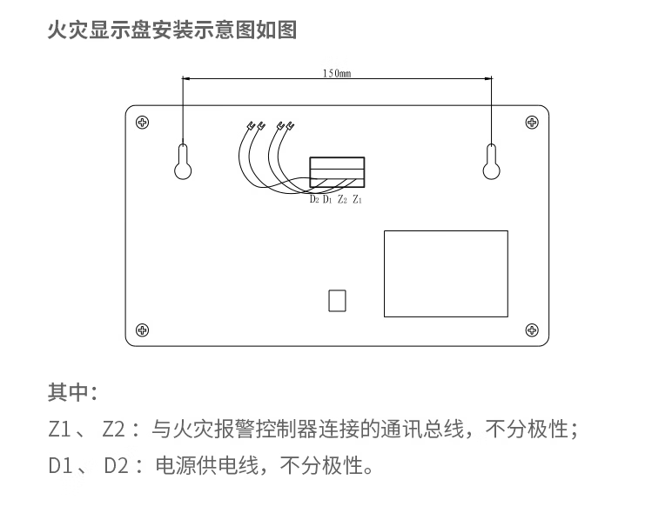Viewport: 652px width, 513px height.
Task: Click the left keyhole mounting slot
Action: (183, 160)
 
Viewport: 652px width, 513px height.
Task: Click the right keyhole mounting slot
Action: (491, 160)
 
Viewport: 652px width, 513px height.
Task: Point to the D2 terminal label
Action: (314, 200)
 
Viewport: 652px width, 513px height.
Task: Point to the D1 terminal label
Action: (327, 200)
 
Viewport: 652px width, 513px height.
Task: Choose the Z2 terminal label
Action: (342, 200)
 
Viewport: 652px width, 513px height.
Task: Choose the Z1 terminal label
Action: (357, 200)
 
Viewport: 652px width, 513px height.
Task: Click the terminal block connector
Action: (337, 171)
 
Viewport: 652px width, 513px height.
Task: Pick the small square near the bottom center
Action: (337, 300)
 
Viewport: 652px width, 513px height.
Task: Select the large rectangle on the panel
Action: (446, 273)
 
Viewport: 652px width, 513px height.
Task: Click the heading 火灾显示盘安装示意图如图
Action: (171, 30)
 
